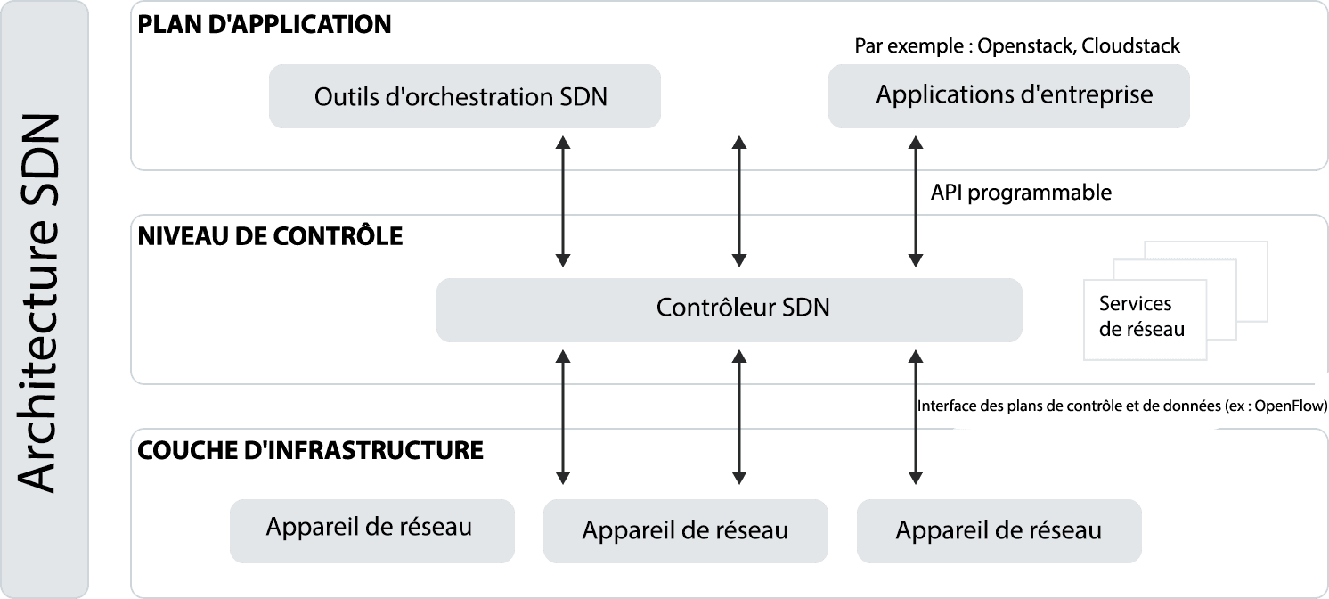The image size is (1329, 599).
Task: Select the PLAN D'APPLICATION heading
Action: click(x=265, y=24)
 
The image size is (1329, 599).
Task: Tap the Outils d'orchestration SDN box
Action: click(x=464, y=96)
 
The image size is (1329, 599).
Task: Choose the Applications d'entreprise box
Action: click(x=1008, y=95)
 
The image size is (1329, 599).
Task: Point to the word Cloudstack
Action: click(x=1131, y=46)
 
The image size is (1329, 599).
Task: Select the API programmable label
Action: click(x=1021, y=193)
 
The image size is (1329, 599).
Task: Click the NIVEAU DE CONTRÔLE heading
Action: click(x=270, y=237)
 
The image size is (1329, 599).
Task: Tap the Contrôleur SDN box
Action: click(x=729, y=308)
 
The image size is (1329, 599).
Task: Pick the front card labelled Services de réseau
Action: click(x=1144, y=317)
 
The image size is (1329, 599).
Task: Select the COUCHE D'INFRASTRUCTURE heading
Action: click(x=311, y=450)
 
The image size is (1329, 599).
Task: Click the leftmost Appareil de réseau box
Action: click(x=371, y=529)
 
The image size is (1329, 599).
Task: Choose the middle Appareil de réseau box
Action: click(x=685, y=531)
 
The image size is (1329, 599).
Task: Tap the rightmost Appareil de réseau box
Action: click(x=999, y=531)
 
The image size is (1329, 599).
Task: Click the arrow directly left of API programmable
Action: click(x=912, y=201)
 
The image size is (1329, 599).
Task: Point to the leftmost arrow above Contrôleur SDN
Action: click(x=562, y=201)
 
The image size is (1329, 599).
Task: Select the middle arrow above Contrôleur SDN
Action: click(x=737, y=201)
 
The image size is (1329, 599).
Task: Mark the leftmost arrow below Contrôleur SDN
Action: click(x=562, y=416)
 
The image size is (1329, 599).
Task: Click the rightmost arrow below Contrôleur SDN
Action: click(x=912, y=416)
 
